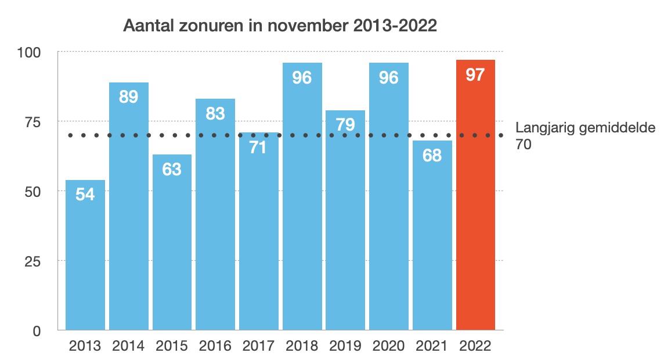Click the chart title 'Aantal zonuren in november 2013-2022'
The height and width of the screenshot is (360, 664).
(279, 27)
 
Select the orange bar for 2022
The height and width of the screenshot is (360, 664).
(475, 203)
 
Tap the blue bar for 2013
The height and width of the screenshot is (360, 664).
(85, 261)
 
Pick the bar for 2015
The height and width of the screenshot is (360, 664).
(172, 250)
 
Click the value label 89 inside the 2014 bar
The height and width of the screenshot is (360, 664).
(128, 96)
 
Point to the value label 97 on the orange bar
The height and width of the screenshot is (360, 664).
(475, 75)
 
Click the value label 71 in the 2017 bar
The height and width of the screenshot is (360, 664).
(258, 147)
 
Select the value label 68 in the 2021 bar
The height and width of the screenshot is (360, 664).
(432, 156)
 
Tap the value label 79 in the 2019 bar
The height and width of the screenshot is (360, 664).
(345, 125)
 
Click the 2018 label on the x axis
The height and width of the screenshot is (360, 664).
(302, 346)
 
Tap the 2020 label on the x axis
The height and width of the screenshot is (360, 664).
(389, 346)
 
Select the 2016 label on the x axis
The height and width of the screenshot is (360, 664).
(215, 346)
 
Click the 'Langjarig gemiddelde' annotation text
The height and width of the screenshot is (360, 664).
(586, 129)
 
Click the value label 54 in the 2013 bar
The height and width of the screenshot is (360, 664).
(85, 195)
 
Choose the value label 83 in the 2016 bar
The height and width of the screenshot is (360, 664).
(215, 114)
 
